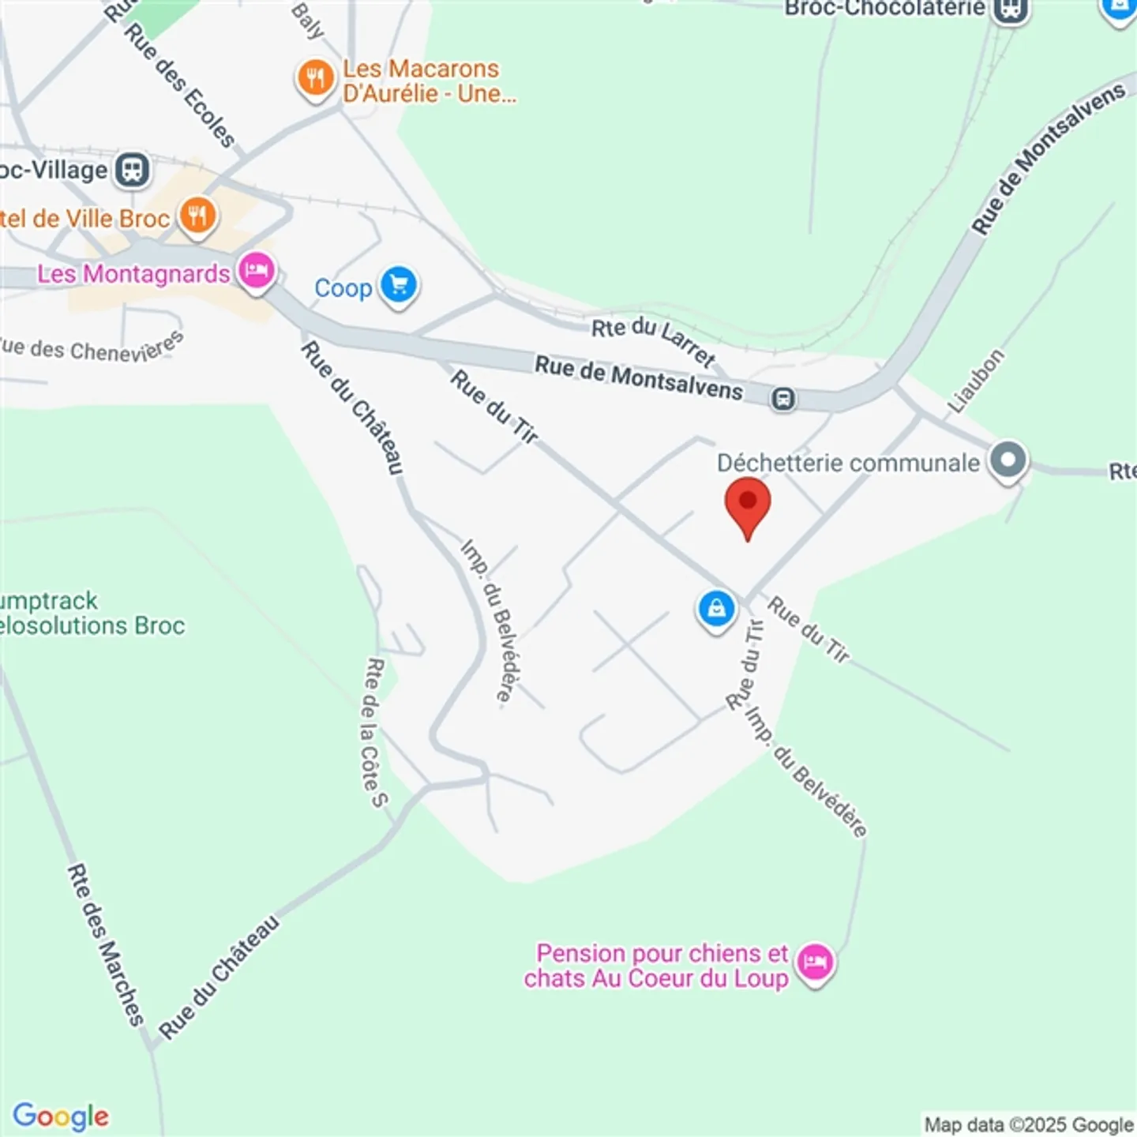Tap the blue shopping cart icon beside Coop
click(x=399, y=284)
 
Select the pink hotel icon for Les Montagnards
click(x=257, y=272)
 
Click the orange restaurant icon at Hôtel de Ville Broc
click(x=197, y=215)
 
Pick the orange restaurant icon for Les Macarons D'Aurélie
click(x=316, y=78)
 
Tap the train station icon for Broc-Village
click(x=132, y=170)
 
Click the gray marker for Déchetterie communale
click(x=1008, y=460)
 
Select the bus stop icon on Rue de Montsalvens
click(x=782, y=399)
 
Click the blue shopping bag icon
click(x=716, y=610)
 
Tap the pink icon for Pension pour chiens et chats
click(x=815, y=963)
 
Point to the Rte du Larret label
click(x=654, y=340)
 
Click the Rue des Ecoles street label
click(x=180, y=85)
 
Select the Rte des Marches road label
click(x=105, y=944)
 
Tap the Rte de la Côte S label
click(x=375, y=733)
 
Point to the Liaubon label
click(x=976, y=381)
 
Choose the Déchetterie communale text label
click(x=848, y=463)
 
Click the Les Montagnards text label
click(x=133, y=274)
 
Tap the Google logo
click(x=61, y=1116)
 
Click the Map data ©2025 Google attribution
click(x=1029, y=1124)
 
